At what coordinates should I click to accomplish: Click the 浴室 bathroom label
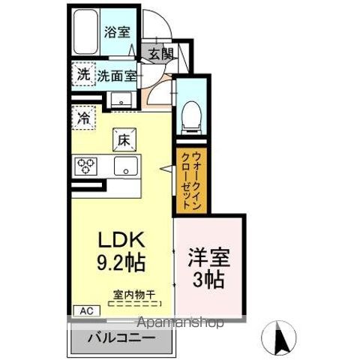coord(118,33)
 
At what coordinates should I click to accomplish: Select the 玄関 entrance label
coord(160,53)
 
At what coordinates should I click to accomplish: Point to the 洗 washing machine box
coord(82,73)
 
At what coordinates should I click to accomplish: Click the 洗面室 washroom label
coord(117,75)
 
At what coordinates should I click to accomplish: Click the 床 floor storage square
coord(121,139)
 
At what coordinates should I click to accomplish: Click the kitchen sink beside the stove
coord(124,166)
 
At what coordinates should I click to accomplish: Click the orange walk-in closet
coord(185,178)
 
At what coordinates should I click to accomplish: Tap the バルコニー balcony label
coord(123,338)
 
